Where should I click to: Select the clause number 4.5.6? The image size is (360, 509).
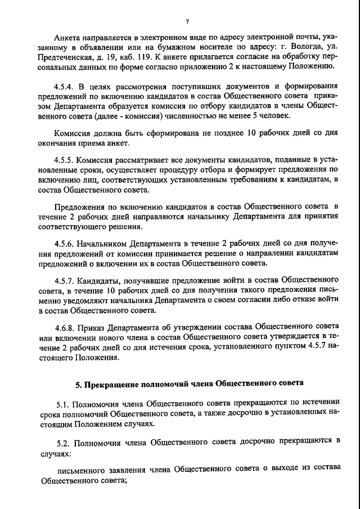pos(65,244)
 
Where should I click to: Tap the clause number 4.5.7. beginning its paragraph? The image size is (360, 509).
pos(65,280)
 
